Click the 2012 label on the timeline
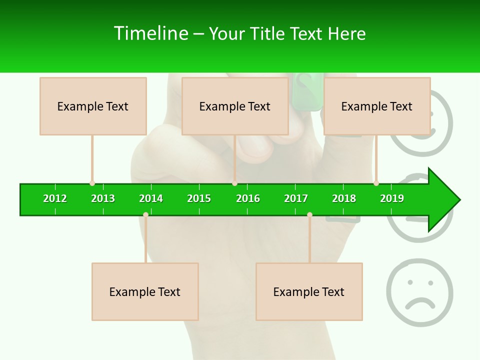[55, 198]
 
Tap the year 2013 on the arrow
[103, 198]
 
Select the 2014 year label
[151, 198]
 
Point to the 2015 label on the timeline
[199, 198]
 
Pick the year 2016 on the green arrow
[248, 198]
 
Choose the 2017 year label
[296, 198]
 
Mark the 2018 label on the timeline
[344, 198]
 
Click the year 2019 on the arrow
[392, 198]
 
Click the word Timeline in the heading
[150, 33]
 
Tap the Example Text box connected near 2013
[93, 106]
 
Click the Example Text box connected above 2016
[235, 106]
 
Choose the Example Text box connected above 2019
[377, 106]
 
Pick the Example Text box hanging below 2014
[145, 291]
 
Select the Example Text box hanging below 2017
[309, 291]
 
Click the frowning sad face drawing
[419, 292]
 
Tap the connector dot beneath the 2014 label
[145, 214]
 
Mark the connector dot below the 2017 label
[309, 214]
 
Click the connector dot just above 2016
[234, 183]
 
